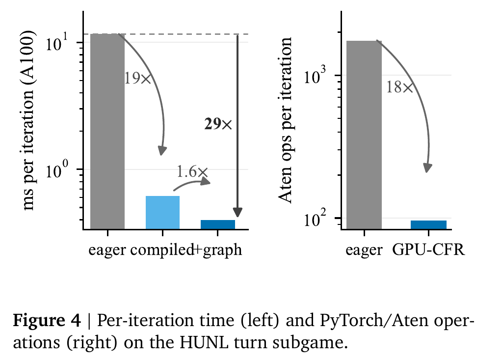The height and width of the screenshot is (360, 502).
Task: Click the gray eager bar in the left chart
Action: tap(107, 131)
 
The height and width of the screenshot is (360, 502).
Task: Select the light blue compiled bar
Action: tap(162, 212)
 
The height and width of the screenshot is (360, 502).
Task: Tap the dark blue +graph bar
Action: tap(218, 224)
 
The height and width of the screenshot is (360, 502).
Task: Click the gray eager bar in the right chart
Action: tap(364, 135)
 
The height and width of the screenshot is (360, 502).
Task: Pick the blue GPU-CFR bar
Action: tap(429, 225)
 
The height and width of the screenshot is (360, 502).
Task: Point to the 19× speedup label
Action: tap(137, 79)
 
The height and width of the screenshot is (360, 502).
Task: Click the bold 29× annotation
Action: tap(218, 124)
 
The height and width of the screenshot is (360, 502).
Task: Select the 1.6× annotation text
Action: tap(192, 172)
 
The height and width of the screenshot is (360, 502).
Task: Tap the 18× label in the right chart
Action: tap(399, 87)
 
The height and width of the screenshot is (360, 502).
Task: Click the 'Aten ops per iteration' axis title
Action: tap(285, 120)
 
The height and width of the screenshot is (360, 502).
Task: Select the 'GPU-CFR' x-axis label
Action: tap(428, 249)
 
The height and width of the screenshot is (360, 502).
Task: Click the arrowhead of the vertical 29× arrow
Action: tap(238, 213)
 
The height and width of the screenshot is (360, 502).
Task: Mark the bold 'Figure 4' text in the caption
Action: tap(47, 320)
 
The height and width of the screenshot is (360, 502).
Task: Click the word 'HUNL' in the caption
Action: tap(204, 342)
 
